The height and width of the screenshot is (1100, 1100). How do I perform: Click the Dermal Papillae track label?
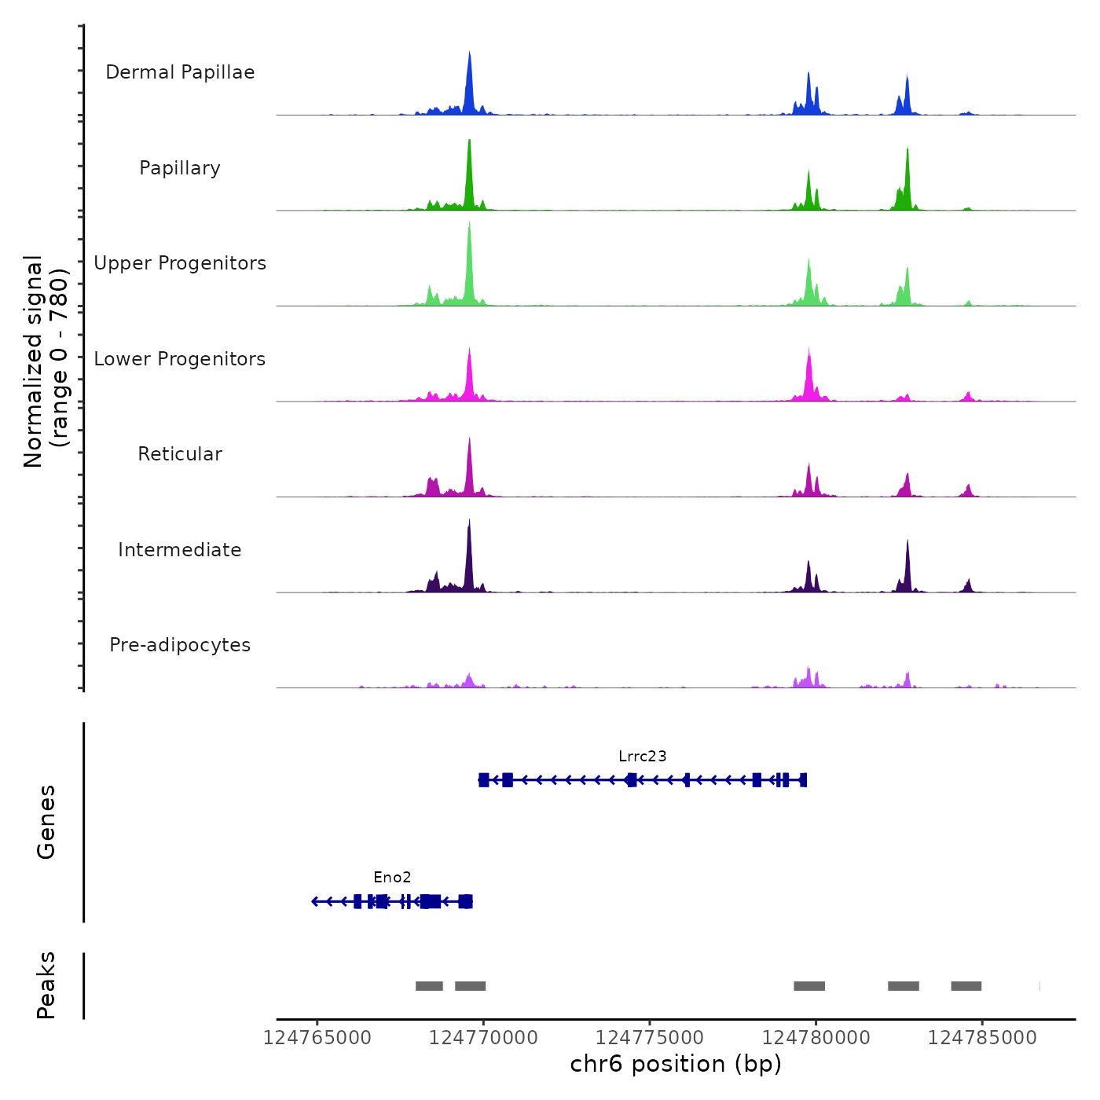(x=180, y=72)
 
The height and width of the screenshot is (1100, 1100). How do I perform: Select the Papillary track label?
(x=180, y=168)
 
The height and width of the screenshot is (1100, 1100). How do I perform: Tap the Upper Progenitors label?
(x=180, y=263)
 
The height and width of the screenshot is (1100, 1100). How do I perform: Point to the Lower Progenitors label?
(x=180, y=359)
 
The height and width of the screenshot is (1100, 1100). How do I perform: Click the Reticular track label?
(x=180, y=454)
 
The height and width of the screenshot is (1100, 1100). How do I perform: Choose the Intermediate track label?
(x=180, y=550)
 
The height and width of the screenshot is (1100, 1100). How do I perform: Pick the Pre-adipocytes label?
(x=180, y=645)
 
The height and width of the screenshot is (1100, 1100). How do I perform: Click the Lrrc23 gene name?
(x=642, y=757)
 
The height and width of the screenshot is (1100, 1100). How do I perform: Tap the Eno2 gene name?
(x=392, y=878)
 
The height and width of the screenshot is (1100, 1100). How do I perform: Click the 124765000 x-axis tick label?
(x=317, y=1038)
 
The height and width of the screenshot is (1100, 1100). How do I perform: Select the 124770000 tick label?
(x=483, y=1038)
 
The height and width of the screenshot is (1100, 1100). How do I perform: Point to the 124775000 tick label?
(x=650, y=1038)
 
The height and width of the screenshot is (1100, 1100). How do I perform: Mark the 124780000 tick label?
(x=816, y=1038)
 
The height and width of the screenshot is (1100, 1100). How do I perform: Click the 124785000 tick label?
(x=982, y=1038)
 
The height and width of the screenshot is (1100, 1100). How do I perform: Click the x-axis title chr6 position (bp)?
(x=676, y=1064)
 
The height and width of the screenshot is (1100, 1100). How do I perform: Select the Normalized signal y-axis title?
(x=46, y=361)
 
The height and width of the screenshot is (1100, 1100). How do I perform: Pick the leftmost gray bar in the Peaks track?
(x=429, y=986)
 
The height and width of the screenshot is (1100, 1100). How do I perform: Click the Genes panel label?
(x=46, y=822)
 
